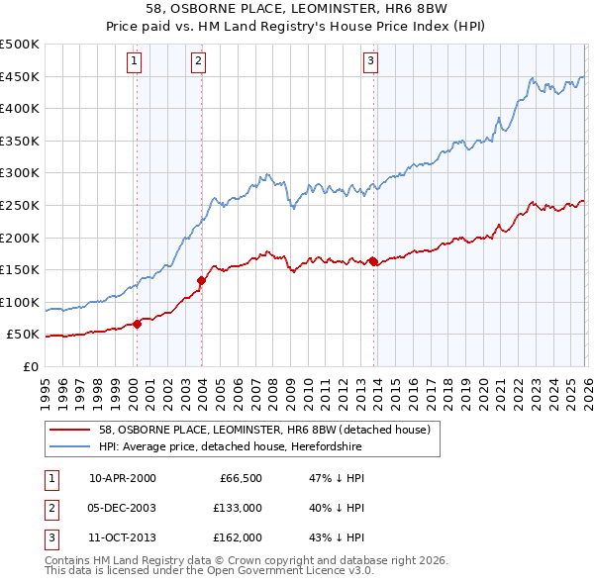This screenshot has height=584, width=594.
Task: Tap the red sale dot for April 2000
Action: (137, 324)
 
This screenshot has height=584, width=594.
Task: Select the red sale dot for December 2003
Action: (202, 280)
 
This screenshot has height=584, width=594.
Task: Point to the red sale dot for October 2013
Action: (373, 261)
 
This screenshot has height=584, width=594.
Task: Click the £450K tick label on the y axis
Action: (20, 77)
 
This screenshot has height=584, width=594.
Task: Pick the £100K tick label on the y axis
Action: (20, 302)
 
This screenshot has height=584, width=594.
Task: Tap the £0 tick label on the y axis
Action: (31, 366)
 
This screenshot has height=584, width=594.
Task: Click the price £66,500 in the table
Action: (237, 478)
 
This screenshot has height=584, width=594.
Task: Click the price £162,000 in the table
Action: (237, 537)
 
